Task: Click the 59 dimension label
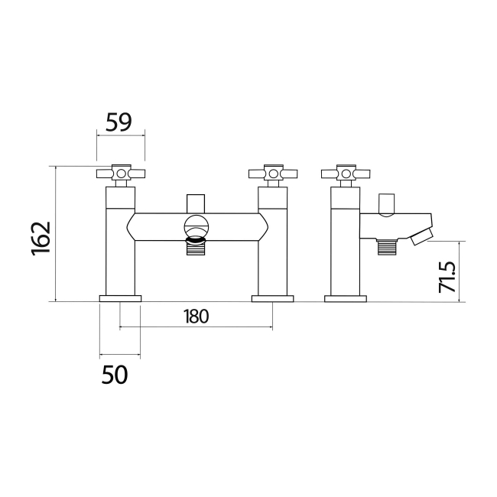(x=119, y=122)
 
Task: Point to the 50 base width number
(x=114, y=375)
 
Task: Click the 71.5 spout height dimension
(x=447, y=277)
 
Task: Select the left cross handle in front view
(x=120, y=174)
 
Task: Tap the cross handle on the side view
(x=346, y=174)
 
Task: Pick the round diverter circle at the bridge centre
(x=197, y=227)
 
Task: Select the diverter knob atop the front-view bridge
(x=197, y=204)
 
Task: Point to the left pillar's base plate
(x=120, y=297)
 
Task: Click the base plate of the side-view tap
(x=345, y=297)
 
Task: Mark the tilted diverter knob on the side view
(x=388, y=204)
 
